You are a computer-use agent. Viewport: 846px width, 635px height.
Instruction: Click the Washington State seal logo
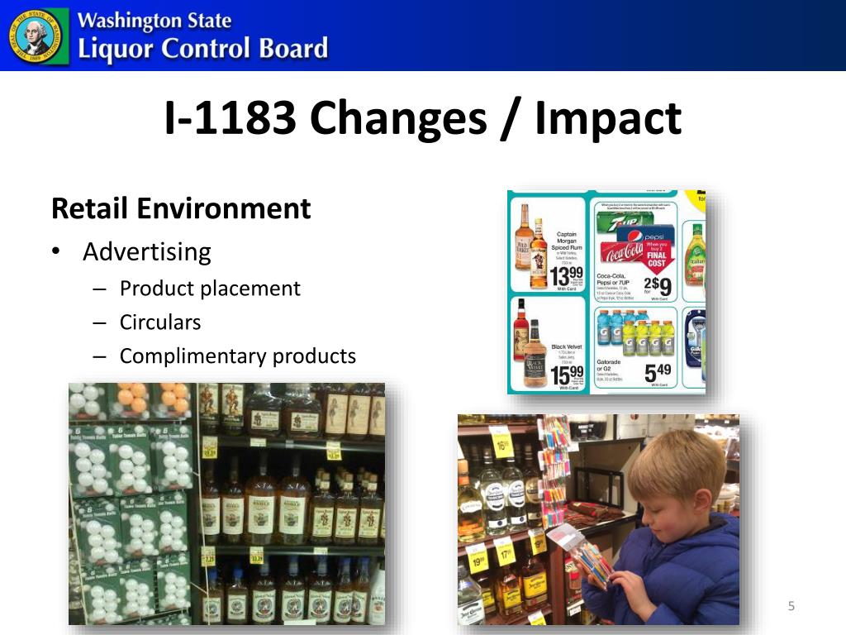coord(35,36)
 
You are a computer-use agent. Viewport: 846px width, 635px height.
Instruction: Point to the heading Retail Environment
coord(181,208)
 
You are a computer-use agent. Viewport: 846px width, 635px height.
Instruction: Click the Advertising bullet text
coord(147,251)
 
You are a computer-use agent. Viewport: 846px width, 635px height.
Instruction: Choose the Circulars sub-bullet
coord(160,322)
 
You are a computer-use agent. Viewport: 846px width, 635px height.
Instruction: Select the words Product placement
coord(210,288)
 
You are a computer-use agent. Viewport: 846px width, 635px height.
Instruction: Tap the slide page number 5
coord(791,607)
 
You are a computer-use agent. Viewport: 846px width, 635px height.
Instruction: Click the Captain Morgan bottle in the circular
coord(539,252)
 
